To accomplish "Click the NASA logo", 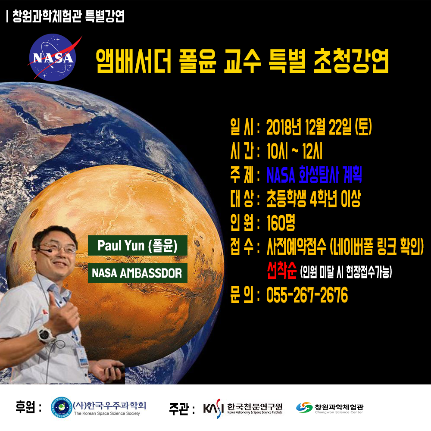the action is (53, 57).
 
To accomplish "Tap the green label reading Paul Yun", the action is (137, 246).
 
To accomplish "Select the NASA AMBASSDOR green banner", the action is (137, 273).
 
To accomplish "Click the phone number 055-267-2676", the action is (307, 295).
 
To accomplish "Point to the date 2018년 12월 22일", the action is (309, 127).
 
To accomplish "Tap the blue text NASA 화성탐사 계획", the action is (314, 175).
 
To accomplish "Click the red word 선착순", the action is (282, 271).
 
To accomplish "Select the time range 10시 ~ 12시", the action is (294, 151).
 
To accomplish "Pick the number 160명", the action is (281, 222).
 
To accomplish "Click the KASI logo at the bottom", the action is (212, 408).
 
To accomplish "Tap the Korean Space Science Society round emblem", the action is (62, 407).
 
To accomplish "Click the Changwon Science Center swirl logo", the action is (304, 407).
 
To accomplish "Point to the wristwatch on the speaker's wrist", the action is (46, 334).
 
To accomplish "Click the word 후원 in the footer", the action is (25, 407).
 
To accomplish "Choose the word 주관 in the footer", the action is (179, 408).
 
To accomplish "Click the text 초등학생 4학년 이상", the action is (313, 198).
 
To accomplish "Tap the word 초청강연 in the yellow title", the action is (351, 61).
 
